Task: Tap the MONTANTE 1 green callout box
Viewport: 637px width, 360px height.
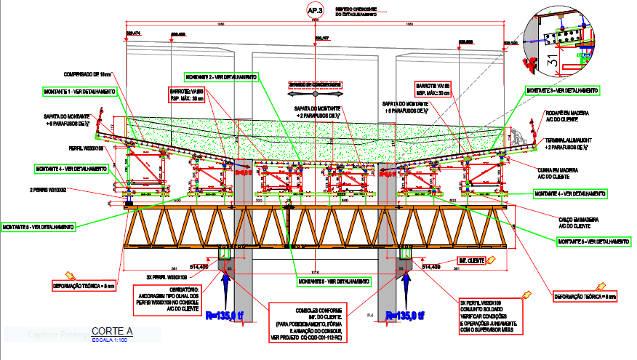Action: coord(79,92)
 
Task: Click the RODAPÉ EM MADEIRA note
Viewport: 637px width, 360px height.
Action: coord(566,116)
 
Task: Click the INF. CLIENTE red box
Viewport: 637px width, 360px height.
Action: coord(471,260)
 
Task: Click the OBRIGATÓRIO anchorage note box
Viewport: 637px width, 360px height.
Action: coord(168,299)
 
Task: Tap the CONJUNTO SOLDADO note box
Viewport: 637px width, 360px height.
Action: coord(492,316)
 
